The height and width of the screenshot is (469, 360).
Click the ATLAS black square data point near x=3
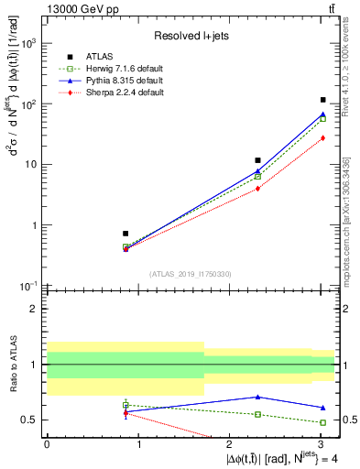pos(323,100)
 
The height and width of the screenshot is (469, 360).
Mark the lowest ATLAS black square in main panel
pos(125,234)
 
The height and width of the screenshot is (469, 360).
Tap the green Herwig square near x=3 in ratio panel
pos(323,422)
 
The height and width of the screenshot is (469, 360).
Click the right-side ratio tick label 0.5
pos(346,420)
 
